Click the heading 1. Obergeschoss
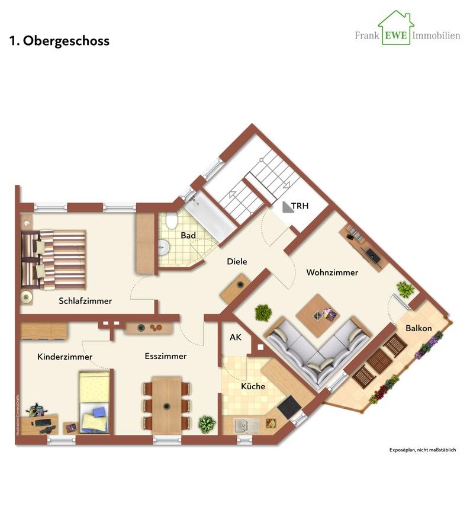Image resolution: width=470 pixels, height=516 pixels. [59, 41]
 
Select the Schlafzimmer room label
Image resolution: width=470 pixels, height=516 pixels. [85, 301]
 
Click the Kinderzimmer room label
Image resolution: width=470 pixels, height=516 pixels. [65, 357]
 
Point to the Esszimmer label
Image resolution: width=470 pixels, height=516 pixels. [166, 356]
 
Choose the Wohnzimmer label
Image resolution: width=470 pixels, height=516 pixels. [332, 273]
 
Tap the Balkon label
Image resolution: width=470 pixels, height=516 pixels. [419, 328]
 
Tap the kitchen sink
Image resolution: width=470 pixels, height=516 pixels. [243, 425]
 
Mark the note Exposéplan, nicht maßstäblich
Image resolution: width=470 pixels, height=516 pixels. [423, 450]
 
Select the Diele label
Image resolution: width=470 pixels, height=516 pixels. [237, 261]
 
